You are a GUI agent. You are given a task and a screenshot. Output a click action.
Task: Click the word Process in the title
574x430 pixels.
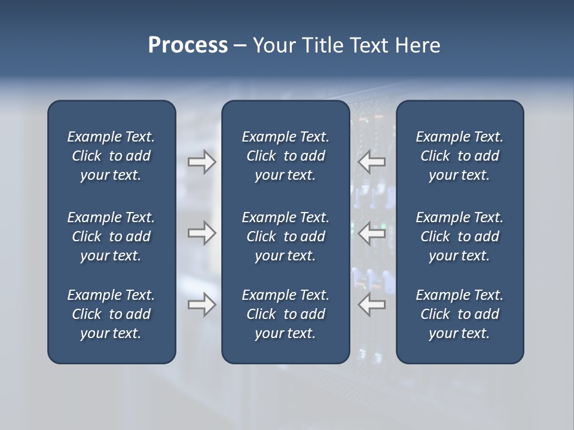click(188, 45)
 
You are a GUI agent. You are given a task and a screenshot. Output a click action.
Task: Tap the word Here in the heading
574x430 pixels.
click(417, 45)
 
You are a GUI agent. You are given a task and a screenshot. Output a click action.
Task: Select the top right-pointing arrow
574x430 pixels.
click(201, 162)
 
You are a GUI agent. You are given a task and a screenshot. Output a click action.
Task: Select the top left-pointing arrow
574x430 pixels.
click(372, 162)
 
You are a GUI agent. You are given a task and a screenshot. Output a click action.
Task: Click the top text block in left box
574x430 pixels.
click(111, 156)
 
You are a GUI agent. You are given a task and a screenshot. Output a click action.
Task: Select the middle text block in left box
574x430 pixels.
click(111, 236)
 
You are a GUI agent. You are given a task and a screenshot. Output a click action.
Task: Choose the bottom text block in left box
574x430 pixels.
click(111, 314)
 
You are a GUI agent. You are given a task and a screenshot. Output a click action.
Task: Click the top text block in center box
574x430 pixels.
click(285, 156)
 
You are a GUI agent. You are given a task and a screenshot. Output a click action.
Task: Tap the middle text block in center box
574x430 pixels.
click(285, 236)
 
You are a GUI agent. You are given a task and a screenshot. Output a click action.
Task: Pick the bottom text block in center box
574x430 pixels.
click(285, 314)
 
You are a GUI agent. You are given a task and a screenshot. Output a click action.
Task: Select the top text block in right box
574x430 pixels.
click(459, 156)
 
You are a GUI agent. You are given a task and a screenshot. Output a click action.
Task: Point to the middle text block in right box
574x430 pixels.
click(459, 236)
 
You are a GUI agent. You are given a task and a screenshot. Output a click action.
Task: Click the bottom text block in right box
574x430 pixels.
click(459, 314)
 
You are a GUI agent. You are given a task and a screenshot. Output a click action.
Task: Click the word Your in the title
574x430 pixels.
click(274, 45)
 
